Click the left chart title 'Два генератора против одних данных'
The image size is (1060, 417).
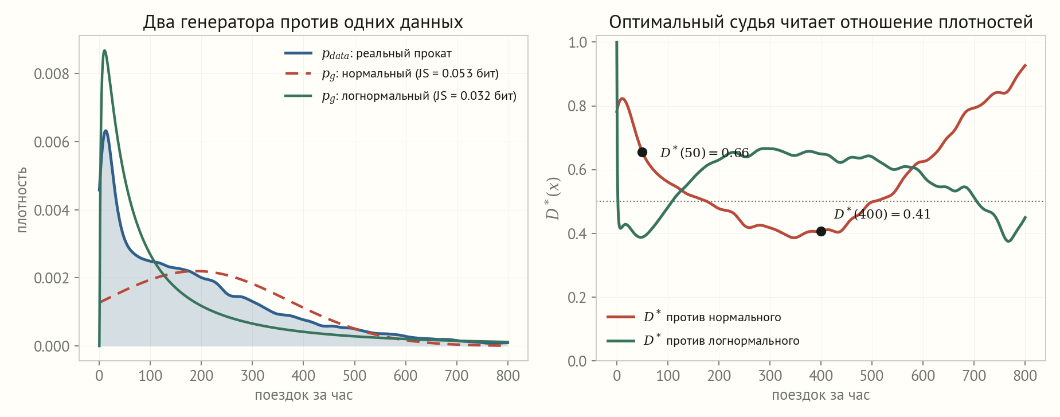click(x=303, y=22)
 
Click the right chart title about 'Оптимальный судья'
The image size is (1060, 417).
click(x=820, y=22)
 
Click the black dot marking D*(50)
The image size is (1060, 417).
click(x=642, y=152)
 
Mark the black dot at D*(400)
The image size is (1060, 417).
click(x=821, y=231)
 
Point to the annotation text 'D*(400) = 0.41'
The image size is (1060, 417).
click(x=882, y=214)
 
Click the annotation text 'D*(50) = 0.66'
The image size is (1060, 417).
click(x=705, y=153)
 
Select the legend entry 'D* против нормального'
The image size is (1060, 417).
click(x=694, y=317)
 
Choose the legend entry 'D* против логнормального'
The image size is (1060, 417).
click(x=703, y=340)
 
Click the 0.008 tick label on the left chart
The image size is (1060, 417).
click(x=52, y=74)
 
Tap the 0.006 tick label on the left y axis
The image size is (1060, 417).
click(x=52, y=142)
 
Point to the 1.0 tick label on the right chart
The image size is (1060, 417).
click(x=577, y=42)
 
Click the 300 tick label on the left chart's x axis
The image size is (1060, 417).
click(x=252, y=376)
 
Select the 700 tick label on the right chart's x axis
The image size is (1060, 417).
click(x=974, y=376)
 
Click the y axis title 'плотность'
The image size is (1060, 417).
click(x=22, y=200)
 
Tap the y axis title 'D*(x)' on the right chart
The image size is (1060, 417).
click(x=553, y=198)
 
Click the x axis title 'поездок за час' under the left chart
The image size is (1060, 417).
click(x=303, y=395)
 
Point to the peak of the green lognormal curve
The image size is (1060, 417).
click(x=104, y=50)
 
